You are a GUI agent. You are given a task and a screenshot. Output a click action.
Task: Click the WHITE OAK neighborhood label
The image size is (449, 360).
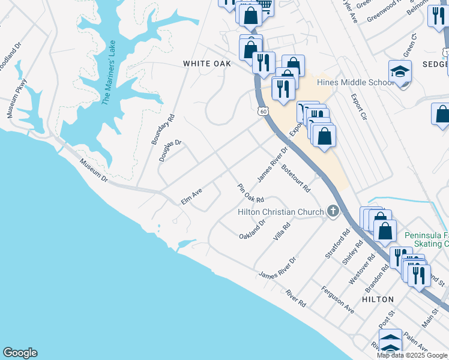pos(207,64)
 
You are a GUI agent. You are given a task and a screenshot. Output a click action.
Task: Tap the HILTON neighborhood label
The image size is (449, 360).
pos(378,299)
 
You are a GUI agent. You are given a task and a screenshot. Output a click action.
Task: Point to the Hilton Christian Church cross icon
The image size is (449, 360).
pos(333,211)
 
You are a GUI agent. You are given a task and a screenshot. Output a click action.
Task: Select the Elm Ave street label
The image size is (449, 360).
pos(191,196)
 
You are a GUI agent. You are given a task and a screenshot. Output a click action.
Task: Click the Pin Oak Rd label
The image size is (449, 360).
pos(251,193)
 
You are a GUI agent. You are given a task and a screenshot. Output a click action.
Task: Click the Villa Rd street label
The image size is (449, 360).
pos(282,232)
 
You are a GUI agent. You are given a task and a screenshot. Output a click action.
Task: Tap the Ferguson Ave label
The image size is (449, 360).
pos(337,299)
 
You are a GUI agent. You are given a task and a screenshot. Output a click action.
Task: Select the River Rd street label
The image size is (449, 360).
pos(296,298)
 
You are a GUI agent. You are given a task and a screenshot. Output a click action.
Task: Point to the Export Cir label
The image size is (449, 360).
pos(358,106)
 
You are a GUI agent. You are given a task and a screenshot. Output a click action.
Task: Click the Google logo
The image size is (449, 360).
pos(20,353)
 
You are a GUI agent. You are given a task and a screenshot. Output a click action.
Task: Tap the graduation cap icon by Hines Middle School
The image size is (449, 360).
pos(400,72)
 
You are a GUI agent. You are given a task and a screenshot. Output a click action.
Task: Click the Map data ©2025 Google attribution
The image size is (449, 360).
pos(412,355)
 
